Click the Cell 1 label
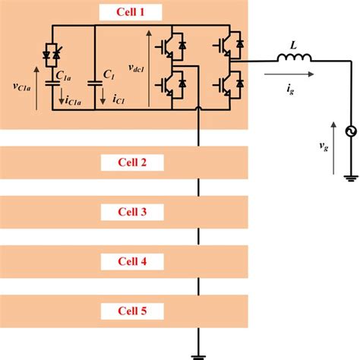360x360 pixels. click(125, 12)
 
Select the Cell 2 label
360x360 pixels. click(125, 162)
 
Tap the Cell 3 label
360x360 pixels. click(125, 211)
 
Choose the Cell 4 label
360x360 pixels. click(125, 261)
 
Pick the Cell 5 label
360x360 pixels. click(125, 310)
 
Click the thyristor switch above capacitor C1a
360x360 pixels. click(52, 52)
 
